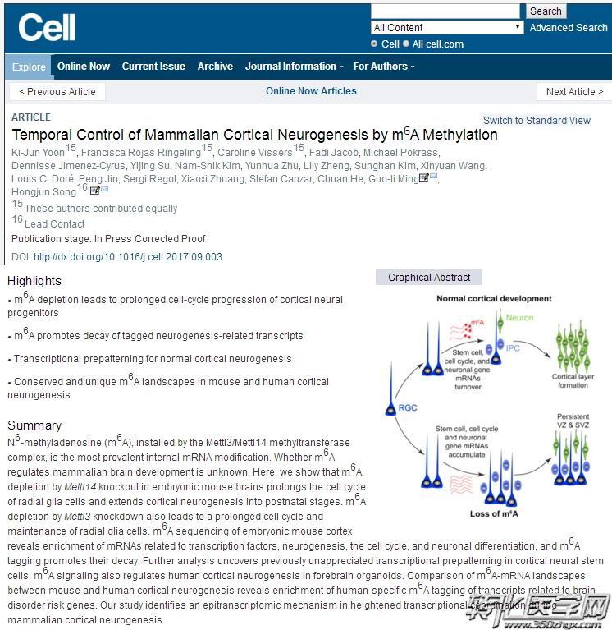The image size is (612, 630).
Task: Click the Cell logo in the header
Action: click(x=47, y=27)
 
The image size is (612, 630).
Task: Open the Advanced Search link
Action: click(x=568, y=28)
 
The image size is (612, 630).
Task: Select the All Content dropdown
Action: click(x=447, y=28)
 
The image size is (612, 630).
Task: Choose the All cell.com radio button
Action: click(x=406, y=44)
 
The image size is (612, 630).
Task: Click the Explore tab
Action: click(x=29, y=67)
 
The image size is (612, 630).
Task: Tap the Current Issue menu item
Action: click(x=153, y=67)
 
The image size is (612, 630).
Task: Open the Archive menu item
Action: click(x=215, y=67)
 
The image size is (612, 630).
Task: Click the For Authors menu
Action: click(x=383, y=67)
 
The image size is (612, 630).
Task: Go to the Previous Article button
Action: click(x=57, y=92)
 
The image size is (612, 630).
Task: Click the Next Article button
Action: click(x=574, y=92)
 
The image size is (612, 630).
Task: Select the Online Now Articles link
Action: click(x=311, y=91)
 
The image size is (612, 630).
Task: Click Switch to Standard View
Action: click(x=537, y=121)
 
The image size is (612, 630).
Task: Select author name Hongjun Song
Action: click(x=43, y=191)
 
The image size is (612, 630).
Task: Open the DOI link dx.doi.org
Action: click(x=127, y=257)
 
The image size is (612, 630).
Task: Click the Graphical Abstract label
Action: click(x=429, y=278)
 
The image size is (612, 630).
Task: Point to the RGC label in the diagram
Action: click(x=408, y=407)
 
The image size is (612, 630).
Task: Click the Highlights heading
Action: click(x=34, y=281)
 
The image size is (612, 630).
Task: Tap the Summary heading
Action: click(x=34, y=425)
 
